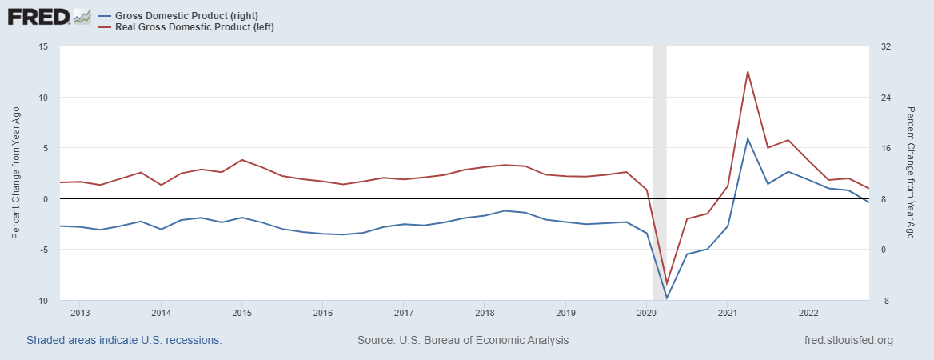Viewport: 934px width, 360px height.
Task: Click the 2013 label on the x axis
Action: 80,312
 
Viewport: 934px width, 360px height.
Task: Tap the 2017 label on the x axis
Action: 403,312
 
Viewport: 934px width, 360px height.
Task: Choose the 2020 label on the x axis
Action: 646,312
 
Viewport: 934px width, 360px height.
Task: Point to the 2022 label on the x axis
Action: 808,312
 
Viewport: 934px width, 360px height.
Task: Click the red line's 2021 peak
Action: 748,72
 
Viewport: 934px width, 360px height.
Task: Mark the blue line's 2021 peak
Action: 748,138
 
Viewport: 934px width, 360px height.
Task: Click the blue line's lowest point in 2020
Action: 666,298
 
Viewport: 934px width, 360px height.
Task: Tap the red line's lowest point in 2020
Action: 666,283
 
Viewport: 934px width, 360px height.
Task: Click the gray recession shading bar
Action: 660,160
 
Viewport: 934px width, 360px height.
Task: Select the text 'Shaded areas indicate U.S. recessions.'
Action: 124,340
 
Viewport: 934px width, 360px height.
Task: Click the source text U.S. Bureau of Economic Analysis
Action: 463,340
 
